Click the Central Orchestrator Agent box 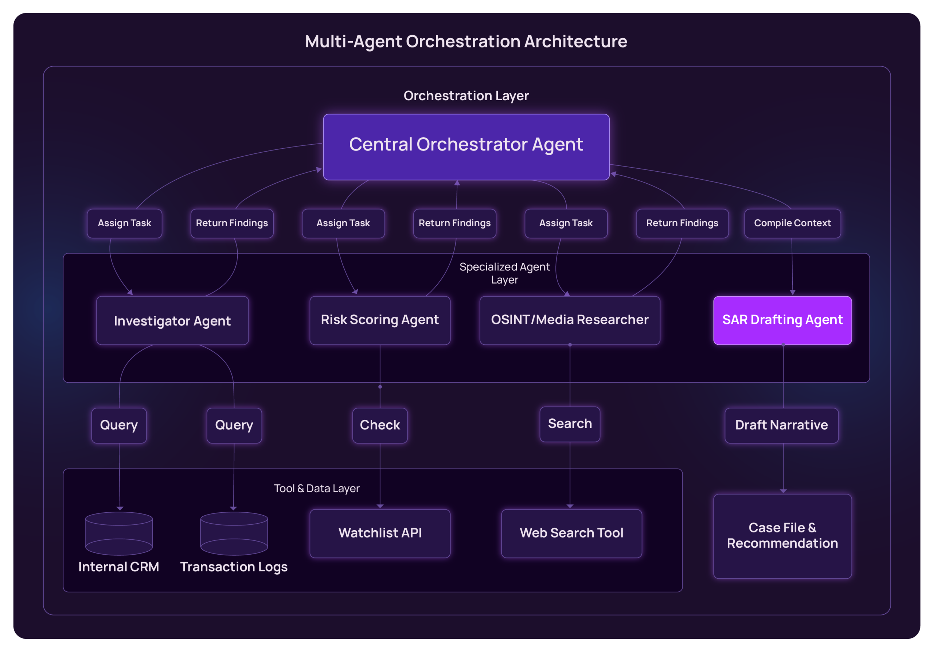[466, 147]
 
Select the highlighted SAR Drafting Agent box [782, 320]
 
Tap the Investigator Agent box [172, 321]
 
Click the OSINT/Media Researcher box [570, 320]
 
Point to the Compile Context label [792, 223]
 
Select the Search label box [570, 424]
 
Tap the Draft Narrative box [781, 425]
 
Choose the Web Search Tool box [571, 533]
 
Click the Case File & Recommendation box [782, 536]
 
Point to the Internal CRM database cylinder [119, 533]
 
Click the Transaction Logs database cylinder [234, 533]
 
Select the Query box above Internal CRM [119, 425]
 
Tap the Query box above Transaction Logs [234, 425]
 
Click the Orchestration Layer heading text [466, 95]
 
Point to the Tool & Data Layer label [317, 488]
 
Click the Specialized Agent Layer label [504, 273]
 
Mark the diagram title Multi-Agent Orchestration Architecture [466, 42]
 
